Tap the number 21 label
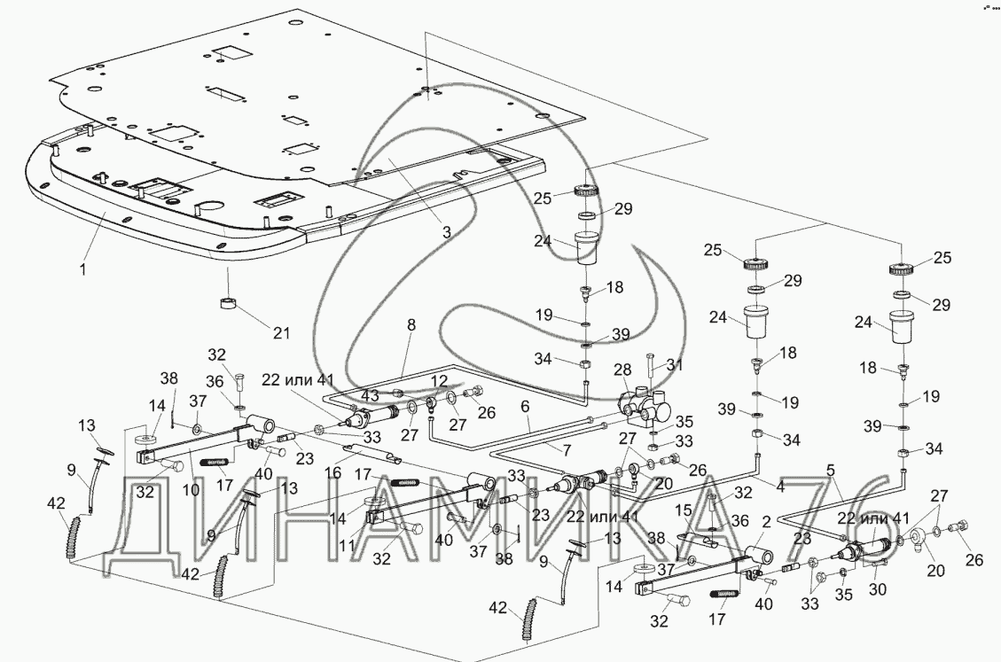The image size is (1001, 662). (x=281, y=333)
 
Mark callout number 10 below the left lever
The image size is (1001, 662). (x=191, y=489)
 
